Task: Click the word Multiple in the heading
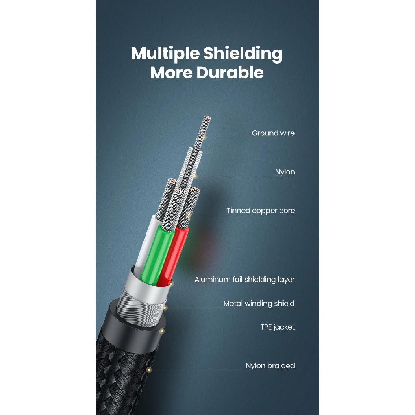pyautogui.click(x=165, y=54)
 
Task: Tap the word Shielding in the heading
pyautogui.click(x=243, y=54)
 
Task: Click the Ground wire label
pyautogui.click(x=273, y=133)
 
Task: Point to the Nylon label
pyautogui.click(x=285, y=172)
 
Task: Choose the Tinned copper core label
pyautogui.click(x=261, y=211)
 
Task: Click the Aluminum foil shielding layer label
pyautogui.click(x=245, y=280)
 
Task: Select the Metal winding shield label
pyautogui.click(x=259, y=303)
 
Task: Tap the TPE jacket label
pyautogui.click(x=277, y=327)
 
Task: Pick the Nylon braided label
pyautogui.click(x=270, y=366)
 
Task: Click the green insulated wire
pyautogui.click(x=156, y=254)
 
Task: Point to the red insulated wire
pyautogui.click(x=174, y=257)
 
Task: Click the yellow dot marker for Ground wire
pyautogui.click(x=204, y=137)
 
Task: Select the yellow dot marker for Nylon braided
pyautogui.click(x=149, y=370)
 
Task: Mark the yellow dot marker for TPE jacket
pyautogui.click(x=162, y=331)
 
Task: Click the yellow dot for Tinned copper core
pyautogui.click(x=189, y=215)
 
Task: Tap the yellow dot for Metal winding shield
pyautogui.click(x=165, y=308)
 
